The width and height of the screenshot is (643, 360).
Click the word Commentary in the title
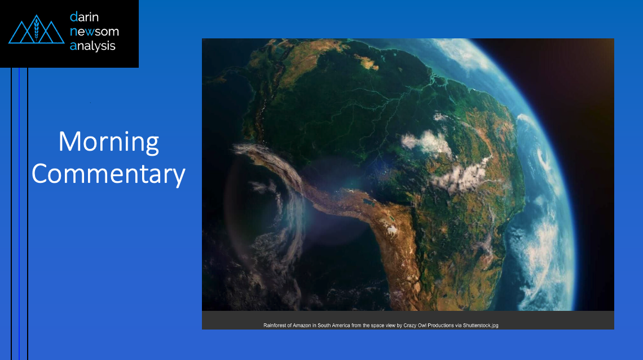109,174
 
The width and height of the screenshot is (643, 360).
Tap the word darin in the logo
84,17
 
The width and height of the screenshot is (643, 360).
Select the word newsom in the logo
94,32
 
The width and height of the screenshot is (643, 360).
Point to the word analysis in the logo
93,46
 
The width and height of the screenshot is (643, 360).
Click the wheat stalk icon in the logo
37,29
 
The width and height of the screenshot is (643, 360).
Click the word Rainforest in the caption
275,326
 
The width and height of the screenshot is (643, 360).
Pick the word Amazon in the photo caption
302,326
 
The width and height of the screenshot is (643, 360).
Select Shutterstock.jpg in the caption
481,326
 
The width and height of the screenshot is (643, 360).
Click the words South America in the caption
334,326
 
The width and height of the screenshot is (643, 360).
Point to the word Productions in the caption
441,326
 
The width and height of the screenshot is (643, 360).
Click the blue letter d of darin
73,17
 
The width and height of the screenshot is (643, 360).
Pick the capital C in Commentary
41,174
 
